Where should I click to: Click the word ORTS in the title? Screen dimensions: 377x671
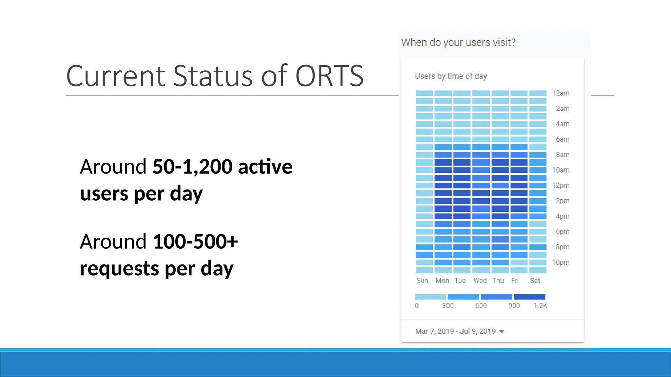tap(329, 76)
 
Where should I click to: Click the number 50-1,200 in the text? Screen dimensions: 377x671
tap(193, 167)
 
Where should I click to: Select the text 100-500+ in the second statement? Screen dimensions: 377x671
tap(195, 242)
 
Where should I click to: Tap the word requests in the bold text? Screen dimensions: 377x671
tap(120, 269)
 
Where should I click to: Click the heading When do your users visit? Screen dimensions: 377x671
tap(458, 42)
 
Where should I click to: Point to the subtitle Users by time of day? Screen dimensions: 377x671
tap(451, 76)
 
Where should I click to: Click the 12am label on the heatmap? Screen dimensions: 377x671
tap(561, 93)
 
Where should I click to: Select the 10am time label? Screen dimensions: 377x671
tap(561, 170)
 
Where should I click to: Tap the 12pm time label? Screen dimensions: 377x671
tap(561, 186)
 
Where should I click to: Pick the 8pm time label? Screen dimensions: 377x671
tap(562, 247)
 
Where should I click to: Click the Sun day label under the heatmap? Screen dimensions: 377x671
tap(422, 281)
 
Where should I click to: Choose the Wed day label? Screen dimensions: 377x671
tap(480, 281)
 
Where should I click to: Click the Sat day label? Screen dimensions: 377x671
tap(535, 281)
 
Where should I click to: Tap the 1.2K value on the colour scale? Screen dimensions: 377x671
tap(540, 306)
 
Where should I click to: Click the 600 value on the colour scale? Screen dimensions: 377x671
tap(481, 306)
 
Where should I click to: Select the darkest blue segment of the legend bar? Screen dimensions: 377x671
tap(529, 297)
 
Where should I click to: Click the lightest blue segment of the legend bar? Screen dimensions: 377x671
tap(430, 297)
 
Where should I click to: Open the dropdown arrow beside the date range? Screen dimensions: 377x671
tap(502, 332)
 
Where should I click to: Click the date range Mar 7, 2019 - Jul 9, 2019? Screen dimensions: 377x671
tap(455, 332)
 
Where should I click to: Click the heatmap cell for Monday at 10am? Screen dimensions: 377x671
tap(443, 170)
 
